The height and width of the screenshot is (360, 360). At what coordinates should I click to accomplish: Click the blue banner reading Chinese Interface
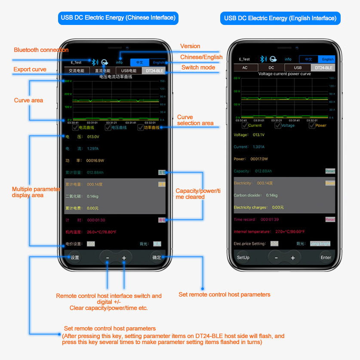click(x=118, y=18)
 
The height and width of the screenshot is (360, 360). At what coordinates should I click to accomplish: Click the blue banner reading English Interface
click(x=280, y=18)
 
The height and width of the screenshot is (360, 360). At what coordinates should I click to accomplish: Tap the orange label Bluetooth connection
click(x=41, y=50)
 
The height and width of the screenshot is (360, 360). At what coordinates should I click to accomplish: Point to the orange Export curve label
click(x=30, y=69)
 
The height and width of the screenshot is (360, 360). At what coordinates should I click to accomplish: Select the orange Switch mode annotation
click(x=198, y=68)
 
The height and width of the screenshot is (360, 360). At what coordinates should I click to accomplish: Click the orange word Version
click(x=190, y=46)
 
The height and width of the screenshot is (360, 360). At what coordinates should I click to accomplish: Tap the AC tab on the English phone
click(x=245, y=68)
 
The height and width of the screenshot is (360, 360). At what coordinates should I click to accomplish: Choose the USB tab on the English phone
click(x=298, y=68)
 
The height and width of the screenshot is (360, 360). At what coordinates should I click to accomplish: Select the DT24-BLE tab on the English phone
click(x=323, y=68)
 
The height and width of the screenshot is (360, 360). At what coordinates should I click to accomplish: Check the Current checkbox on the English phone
click(x=245, y=125)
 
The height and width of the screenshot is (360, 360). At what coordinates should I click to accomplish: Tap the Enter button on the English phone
click(x=326, y=258)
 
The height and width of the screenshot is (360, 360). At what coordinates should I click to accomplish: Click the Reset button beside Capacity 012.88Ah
click(x=330, y=171)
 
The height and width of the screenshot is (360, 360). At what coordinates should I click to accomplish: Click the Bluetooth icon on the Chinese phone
click(x=95, y=62)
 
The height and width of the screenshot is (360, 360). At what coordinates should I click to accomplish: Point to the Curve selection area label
click(x=195, y=120)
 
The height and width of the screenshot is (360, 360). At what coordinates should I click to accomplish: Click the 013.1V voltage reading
click(x=258, y=135)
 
